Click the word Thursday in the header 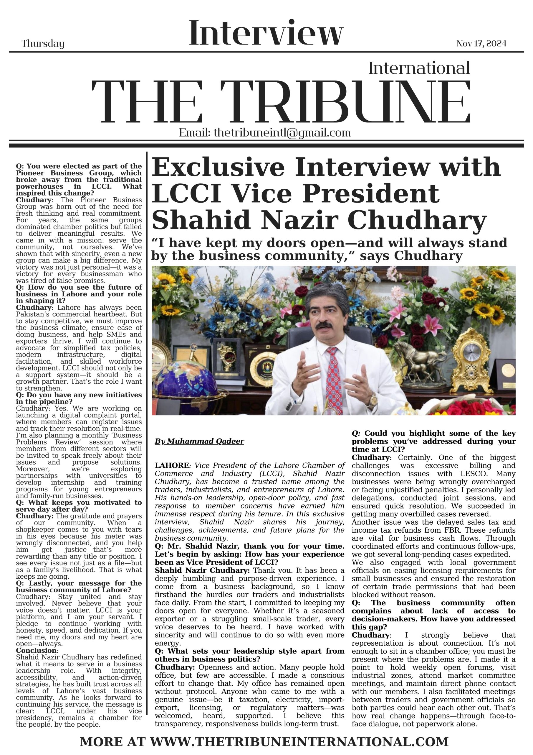[x=43, y=44]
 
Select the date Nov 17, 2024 [x=481, y=44]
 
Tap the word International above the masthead [x=419, y=68]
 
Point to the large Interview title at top [x=266, y=34]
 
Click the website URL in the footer [x=299, y=742]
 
